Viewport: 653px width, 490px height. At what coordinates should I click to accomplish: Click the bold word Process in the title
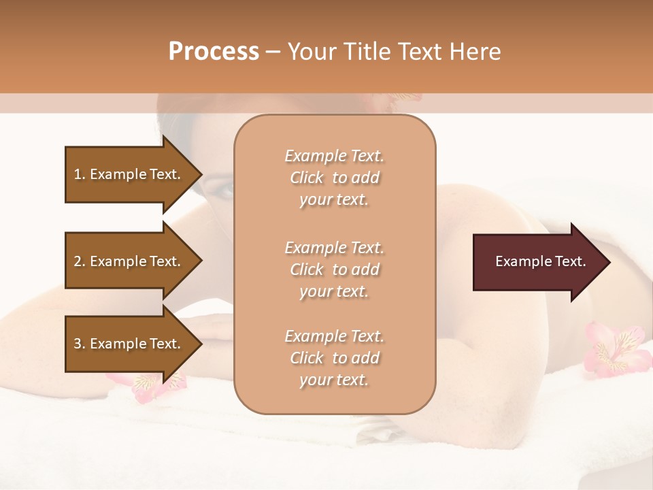[x=214, y=52]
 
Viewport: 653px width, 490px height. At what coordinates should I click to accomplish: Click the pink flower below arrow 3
[x=146, y=385]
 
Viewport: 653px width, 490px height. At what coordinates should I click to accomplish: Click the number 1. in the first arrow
[x=80, y=174]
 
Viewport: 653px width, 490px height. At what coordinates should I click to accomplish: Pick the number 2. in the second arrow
[x=80, y=261]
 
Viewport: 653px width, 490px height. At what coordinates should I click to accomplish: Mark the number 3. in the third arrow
[x=80, y=344]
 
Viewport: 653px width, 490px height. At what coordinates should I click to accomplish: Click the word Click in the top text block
[x=307, y=178]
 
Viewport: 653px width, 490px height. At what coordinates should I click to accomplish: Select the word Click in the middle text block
[x=307, y=269]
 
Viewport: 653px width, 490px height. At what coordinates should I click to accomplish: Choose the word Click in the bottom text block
[x=307, y=358]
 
